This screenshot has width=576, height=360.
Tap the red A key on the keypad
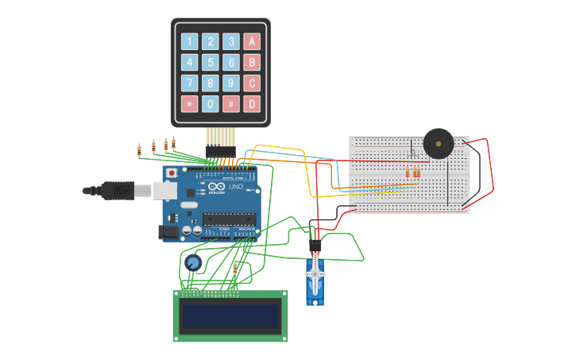(x=252, y=41)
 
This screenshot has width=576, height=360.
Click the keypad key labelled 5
(x=211, y=62)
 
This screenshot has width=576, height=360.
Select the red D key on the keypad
(x=252, y=103)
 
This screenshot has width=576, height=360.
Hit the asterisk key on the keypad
(x=189, y=103)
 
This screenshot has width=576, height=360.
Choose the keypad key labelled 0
(x=211, y=103)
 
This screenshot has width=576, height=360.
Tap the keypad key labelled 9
(x=231, y=83)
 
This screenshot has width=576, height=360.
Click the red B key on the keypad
(x=252, y=62)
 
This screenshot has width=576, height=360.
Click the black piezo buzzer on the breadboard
(x=438, y=143)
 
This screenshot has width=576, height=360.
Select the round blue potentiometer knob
(x=192, y=262)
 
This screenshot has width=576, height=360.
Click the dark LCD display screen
(x=230, y=316)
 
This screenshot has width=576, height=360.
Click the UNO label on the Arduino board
(x=236, y=186)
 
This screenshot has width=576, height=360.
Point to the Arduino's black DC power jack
(x=168, y=231)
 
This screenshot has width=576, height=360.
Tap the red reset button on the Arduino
(x=172, y=172)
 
